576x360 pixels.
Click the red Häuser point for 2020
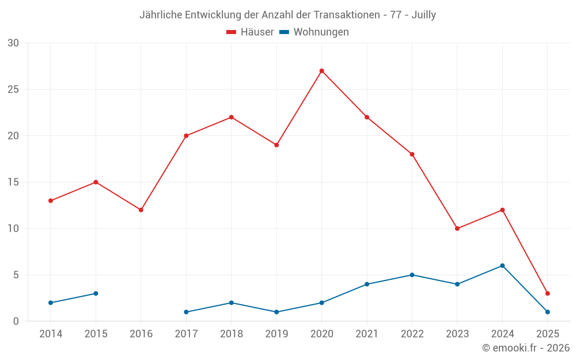coord(321,71)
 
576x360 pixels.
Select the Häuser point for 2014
coord(51,200)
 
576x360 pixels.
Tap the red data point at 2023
coord(457,229)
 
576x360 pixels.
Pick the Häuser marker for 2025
coord(548,293)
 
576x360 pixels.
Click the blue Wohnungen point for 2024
coord(502,266)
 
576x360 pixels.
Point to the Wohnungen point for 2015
coord(96,293)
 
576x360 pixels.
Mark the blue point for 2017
coord(186,312)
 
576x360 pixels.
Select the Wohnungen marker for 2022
coord(412,275)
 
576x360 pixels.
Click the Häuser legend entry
coord(251,32)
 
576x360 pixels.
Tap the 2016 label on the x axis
coord(141,334)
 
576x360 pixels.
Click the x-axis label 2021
coord(367,334)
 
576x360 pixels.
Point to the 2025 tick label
coord(548,334)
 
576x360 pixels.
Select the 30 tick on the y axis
coord(13,43)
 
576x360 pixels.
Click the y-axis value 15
coord(13,182)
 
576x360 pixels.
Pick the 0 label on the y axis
coord(16,321)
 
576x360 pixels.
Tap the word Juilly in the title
coord(422,15)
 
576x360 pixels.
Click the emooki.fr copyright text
coord(526,348)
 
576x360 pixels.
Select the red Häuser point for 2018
coord(231,117)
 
